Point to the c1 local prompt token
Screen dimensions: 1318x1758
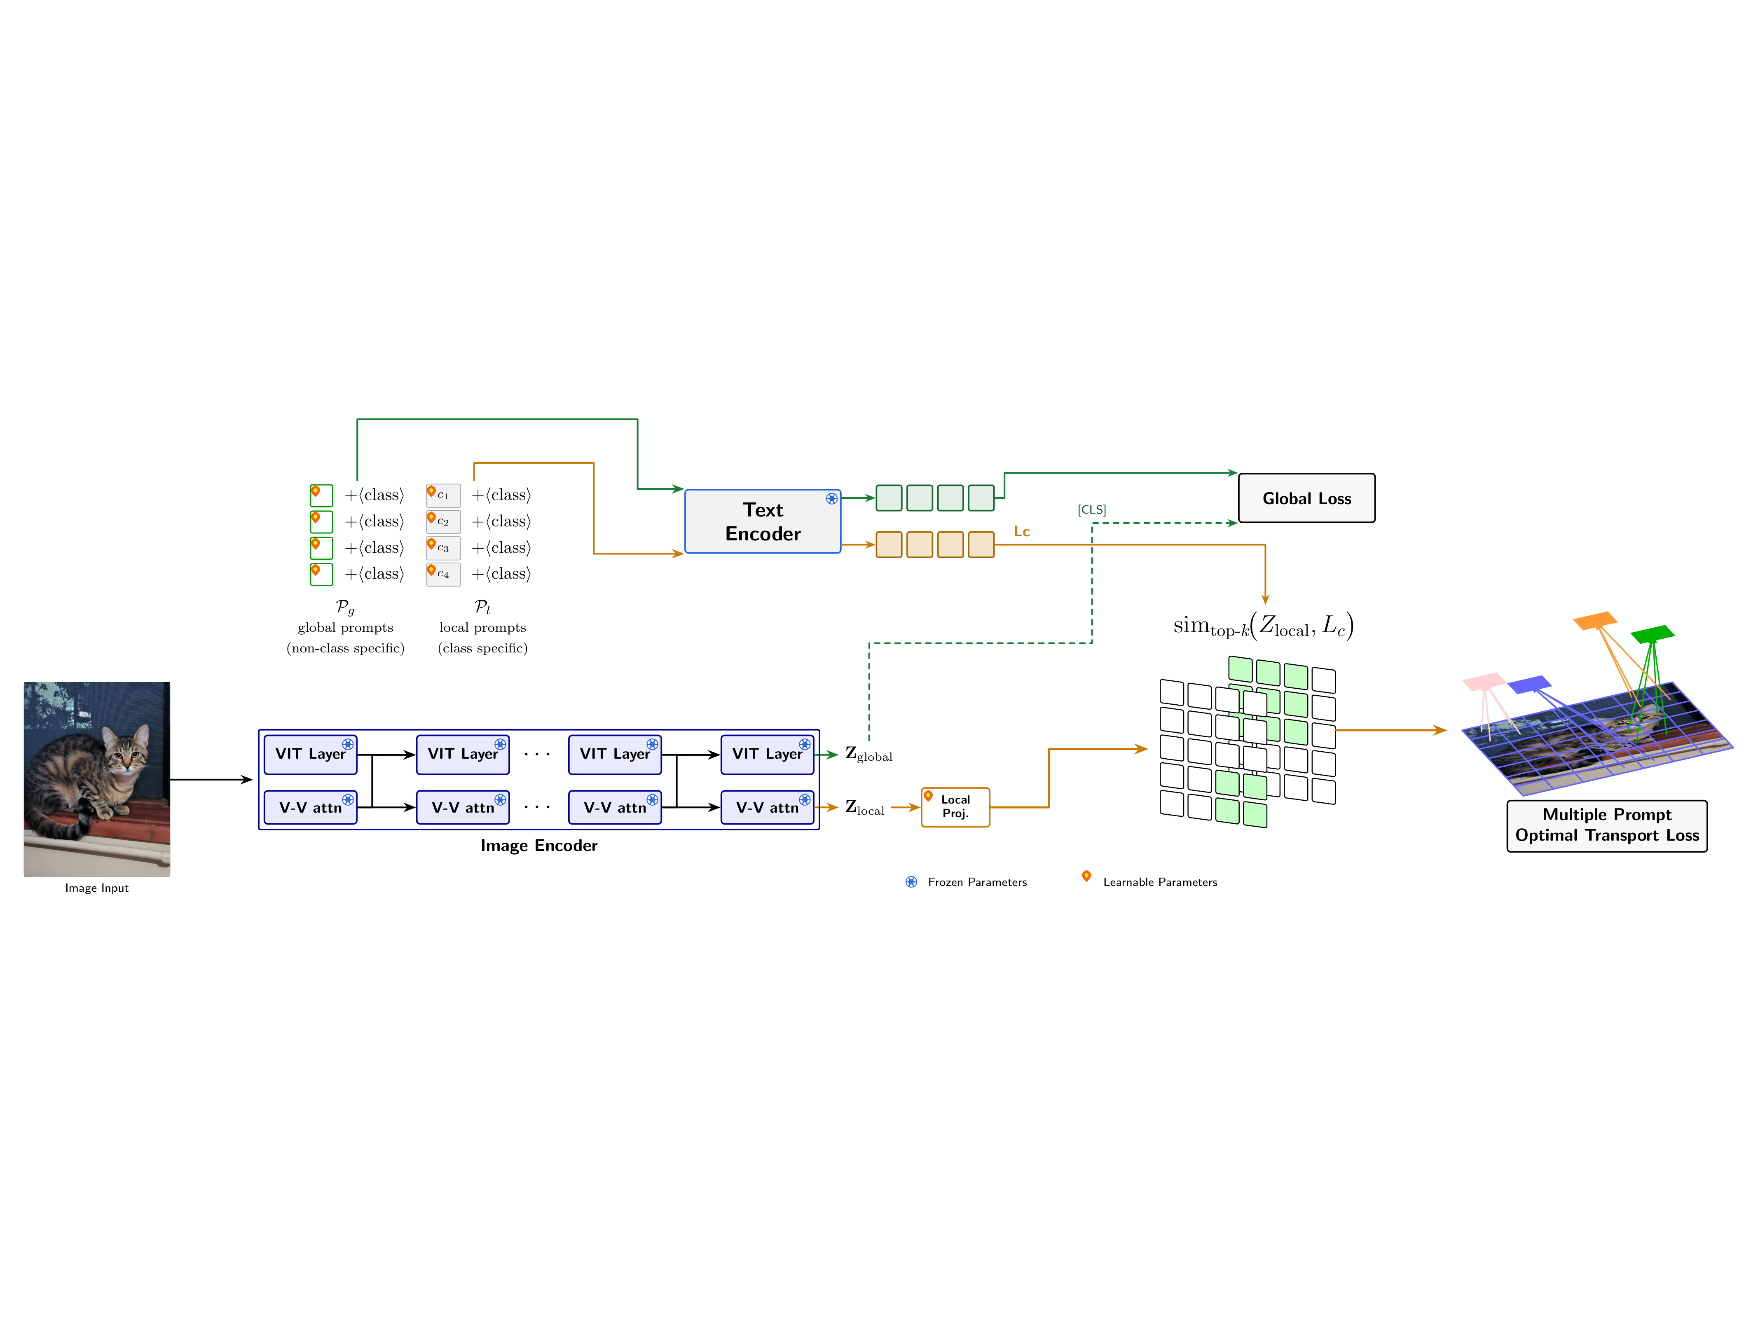442,495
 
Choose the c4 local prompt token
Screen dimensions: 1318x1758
442,574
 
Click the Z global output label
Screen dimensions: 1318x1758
868,754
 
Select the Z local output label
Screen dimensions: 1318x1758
864,807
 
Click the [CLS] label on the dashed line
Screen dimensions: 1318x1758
1091,509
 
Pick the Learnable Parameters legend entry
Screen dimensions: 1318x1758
1159,882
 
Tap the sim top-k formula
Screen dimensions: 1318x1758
1263,626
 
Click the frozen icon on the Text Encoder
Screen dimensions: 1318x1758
831,499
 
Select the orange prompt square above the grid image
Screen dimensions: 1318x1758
1594,620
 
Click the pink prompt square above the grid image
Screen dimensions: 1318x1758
1482,682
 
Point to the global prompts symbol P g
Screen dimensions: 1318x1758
345,607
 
